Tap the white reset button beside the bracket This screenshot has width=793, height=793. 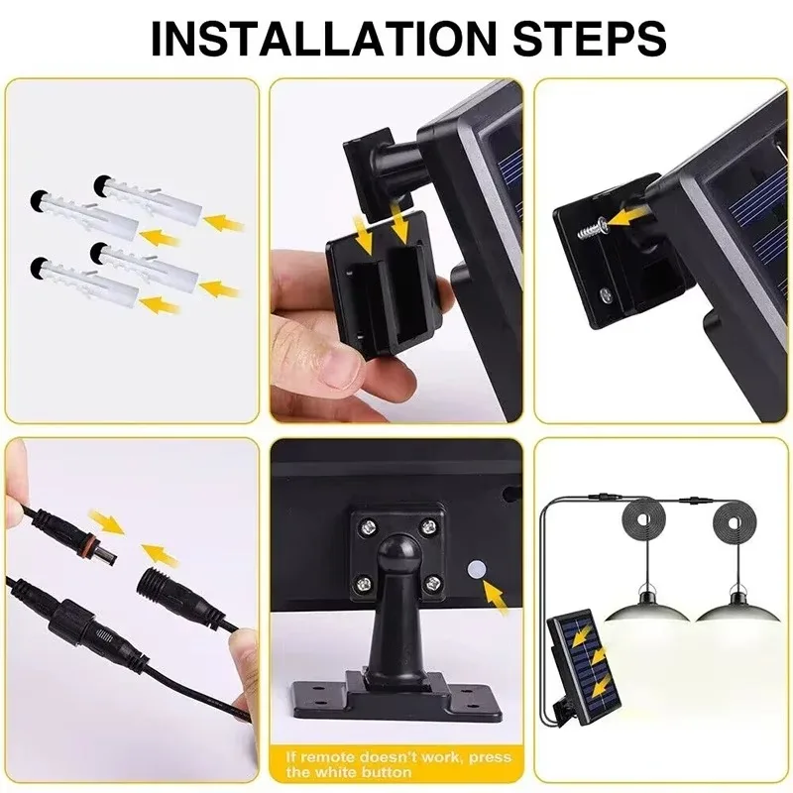click(475, 569)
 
